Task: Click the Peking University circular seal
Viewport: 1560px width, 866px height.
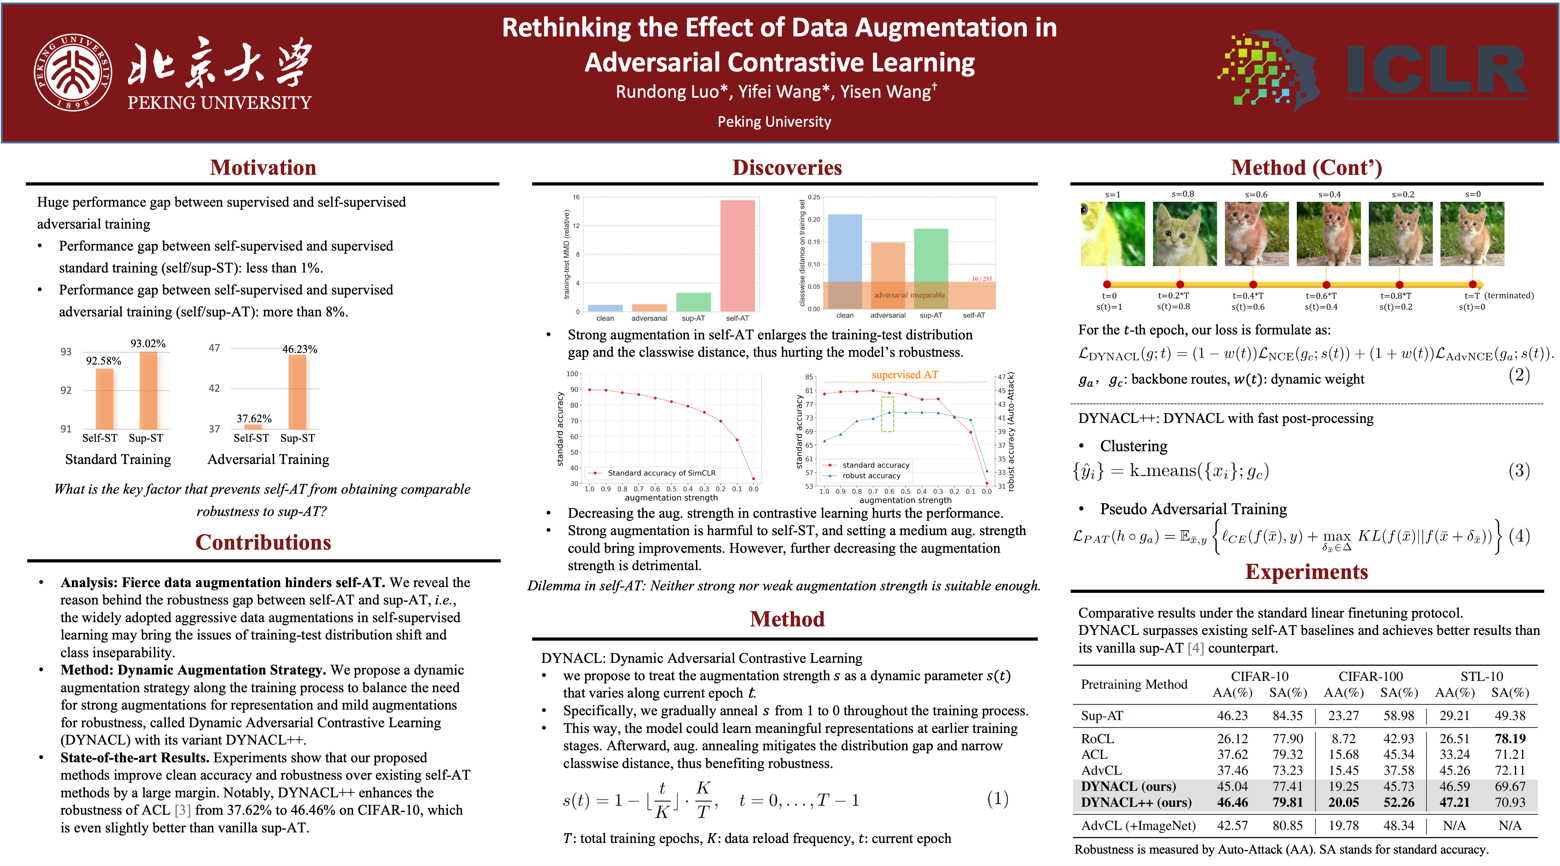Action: pos(73,72)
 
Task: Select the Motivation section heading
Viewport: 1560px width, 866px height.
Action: pos(263,168)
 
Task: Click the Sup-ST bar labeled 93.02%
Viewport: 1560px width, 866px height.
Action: pos(148,391)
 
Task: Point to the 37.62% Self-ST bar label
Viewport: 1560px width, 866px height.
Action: pos(254,418)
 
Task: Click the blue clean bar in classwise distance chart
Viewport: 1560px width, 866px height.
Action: pos(845,262)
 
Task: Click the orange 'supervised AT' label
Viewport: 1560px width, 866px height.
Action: pos(905,375)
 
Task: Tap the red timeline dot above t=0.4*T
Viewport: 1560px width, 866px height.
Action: pos(1253,285)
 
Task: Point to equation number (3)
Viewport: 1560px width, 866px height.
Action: pos(1519,471)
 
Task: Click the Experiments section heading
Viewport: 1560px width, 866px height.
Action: pos(1306,572)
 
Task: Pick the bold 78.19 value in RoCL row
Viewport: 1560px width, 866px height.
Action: pos(1510,739)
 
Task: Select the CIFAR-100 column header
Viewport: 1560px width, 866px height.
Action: pos(1370,676)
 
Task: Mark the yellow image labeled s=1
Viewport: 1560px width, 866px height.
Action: pos(1112,234)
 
